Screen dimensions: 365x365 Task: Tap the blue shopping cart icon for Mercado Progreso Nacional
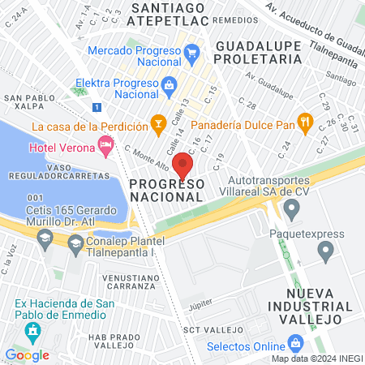[x=191, y=55]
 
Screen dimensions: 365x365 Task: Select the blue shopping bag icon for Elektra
[x=170, y=84]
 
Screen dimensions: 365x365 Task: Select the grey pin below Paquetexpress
[x=326, y=253]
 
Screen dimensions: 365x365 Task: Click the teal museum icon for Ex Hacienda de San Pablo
[x=32, y=331]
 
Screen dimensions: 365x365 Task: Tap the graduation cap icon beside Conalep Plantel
[x=75, y=243]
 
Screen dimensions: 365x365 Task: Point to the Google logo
[x=27, y=354]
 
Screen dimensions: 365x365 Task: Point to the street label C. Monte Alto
[x=147, y=155]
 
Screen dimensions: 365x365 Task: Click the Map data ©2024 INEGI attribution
[x=316, y=359]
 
